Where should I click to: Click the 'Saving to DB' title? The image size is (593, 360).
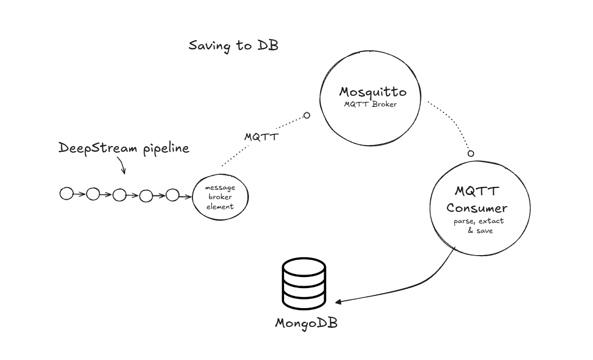point(233,45)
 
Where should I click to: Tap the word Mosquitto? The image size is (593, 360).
point(373,92)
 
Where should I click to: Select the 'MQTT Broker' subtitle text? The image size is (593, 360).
point(371,104)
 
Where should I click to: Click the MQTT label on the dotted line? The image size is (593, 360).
point(261,137)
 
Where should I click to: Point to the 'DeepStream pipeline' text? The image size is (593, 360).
point(124,148)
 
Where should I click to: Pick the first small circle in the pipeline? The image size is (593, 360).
point(66,193)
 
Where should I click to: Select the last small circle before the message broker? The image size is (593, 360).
point(173,195)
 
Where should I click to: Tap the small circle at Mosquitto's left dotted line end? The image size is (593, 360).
point(306,116)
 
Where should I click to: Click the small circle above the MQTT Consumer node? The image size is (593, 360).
point(471,153)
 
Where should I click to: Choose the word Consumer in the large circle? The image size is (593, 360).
point(476,208)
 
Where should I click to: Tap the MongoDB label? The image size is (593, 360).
point(306,323)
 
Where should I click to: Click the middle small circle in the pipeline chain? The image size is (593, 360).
point(119,195)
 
